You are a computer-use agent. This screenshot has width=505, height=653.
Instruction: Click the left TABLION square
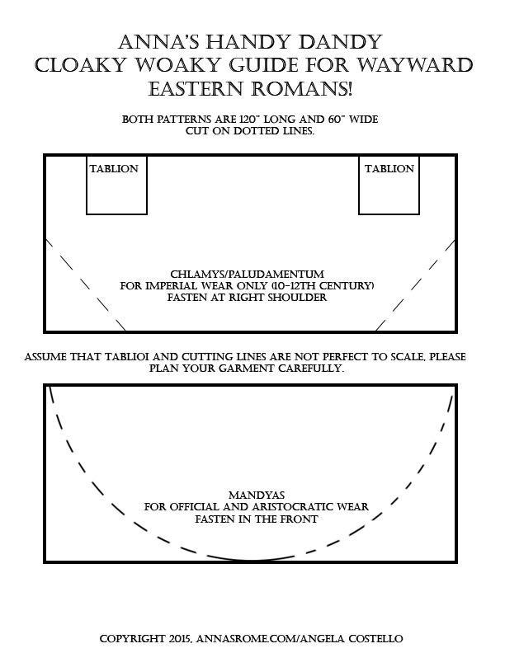(x=116, y=184)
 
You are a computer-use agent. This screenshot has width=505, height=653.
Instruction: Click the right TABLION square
(x=389, y=184)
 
